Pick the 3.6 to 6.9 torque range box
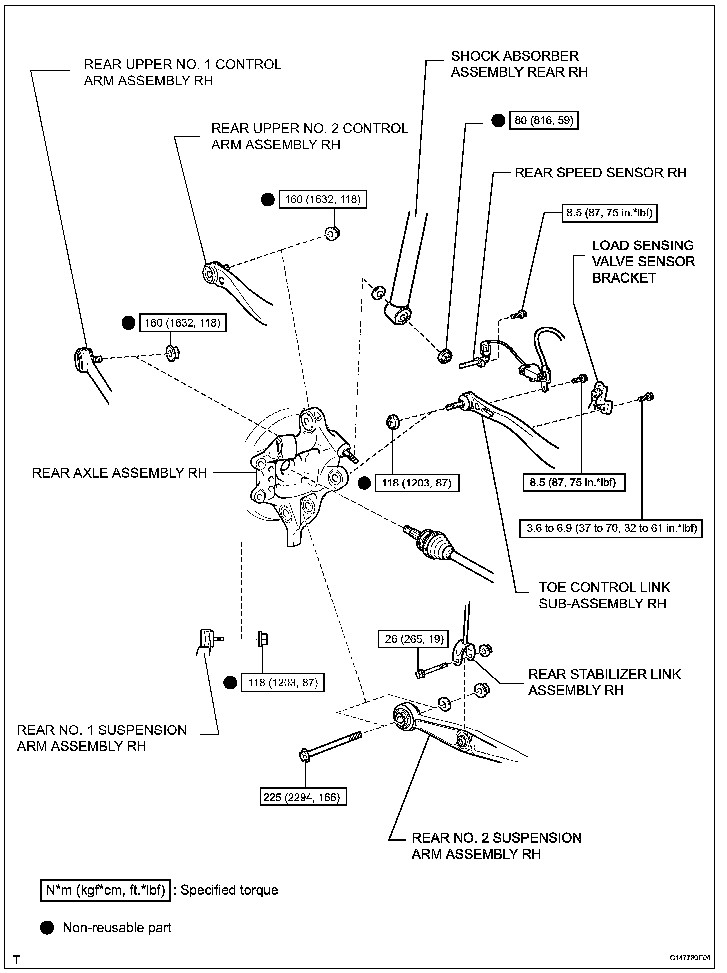(611, 527)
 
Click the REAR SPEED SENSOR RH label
(600, 173)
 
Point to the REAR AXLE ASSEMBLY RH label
(119, 473)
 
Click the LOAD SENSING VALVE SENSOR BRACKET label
(643, 261)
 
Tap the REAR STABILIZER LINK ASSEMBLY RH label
(604, 682)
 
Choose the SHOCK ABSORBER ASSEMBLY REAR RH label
(519, 64)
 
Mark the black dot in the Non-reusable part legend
(47, 927)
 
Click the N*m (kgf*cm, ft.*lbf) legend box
(105, 890)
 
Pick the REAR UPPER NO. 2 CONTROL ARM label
(310, 136)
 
